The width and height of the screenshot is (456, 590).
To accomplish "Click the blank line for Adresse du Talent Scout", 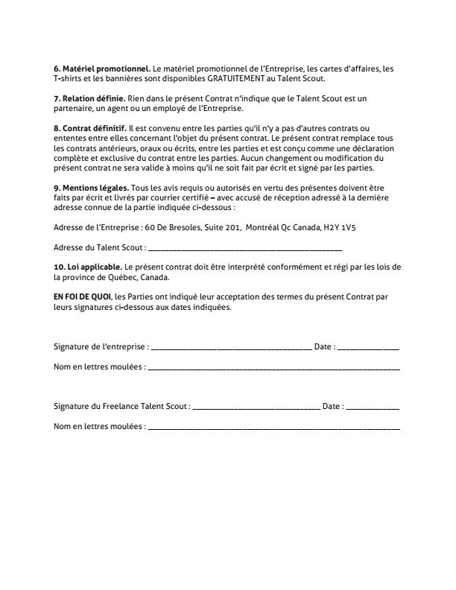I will coord(245,247).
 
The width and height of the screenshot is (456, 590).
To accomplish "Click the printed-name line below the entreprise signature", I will coord(273,367).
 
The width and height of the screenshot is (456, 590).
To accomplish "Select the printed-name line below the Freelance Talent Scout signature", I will coord(273,428).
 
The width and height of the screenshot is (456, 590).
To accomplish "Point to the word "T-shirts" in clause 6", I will coord(72,78).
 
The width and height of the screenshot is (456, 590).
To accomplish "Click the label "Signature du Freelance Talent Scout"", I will coord(121,407).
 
